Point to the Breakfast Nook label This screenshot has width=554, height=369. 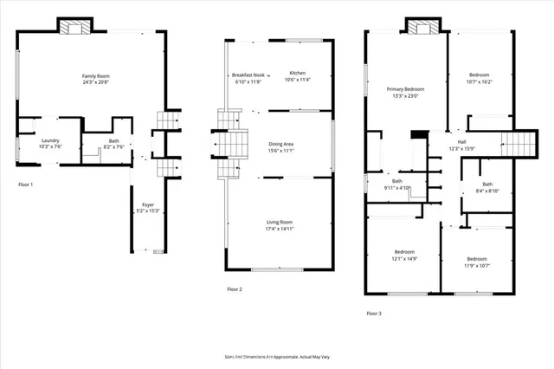(248, 74)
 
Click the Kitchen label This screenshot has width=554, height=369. (297, 73)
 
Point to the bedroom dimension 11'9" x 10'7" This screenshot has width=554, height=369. (477, 264)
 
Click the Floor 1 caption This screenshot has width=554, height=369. (26, 184)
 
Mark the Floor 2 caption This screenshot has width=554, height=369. (235, 288)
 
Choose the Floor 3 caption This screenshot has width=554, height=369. (373, 313)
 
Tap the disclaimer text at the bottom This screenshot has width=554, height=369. (277, 356)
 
